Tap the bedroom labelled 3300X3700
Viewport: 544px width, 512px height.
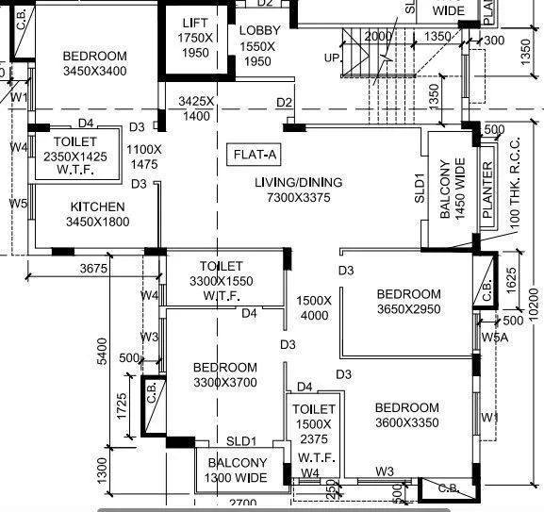coord(225,375)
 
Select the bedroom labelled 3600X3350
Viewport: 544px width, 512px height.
coord(406,416)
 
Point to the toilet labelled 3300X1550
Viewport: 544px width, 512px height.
coord(222,281)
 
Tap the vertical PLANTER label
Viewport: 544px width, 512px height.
coord(487,192)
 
